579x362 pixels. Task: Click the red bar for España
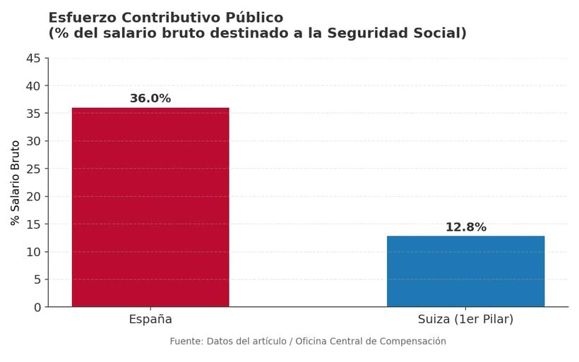[150, 207]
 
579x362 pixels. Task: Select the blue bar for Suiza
[465, 272]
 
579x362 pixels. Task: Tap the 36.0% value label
[150, 99]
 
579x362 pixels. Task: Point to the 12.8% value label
[465, 227]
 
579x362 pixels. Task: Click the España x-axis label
[150, 320]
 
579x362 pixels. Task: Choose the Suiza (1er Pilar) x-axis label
[465, 320]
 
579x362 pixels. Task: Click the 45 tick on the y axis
[33, 59]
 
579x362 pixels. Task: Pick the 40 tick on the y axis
[33, 86]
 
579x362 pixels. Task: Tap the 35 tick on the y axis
[33, 114]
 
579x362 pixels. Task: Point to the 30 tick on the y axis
[33, 141]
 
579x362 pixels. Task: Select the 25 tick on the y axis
[33, 169]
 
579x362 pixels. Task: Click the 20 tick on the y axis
[33, 197]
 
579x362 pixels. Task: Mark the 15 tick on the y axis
[33, 224]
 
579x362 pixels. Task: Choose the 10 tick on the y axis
[33, 252]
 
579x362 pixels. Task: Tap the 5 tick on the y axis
[37, 279]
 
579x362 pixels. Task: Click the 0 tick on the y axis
[37, 308]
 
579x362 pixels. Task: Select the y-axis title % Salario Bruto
[16, 183]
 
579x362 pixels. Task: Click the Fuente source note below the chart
[307, 342]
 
